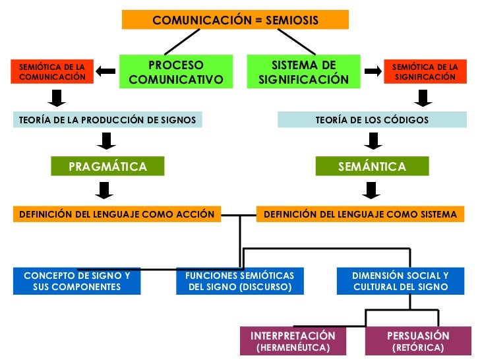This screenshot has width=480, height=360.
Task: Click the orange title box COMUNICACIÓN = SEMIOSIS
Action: [235, 20]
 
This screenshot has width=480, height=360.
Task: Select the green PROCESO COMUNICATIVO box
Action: [176, 73]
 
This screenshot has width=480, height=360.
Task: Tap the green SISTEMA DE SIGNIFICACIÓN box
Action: [303, 73]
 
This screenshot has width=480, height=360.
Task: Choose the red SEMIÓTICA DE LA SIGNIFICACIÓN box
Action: [425, 72]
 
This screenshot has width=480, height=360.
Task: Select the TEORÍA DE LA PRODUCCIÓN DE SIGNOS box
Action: [107, 120]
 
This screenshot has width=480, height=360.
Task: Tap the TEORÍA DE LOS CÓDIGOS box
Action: [372, 120]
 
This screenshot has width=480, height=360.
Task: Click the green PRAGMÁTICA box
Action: [107, 167]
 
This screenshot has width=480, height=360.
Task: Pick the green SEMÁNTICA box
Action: [372, 167]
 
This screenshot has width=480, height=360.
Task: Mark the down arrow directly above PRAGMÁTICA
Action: [105, 141]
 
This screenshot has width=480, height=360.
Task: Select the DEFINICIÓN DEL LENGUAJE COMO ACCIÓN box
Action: [117, 214]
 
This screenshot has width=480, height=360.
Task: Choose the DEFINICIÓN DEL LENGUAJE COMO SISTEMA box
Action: [360, 214]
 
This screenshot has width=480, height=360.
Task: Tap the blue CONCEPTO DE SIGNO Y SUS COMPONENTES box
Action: [77, 281]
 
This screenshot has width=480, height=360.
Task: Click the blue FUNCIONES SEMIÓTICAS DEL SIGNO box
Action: [239, 281]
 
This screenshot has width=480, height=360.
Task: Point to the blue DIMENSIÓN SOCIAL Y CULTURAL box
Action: [400, 281]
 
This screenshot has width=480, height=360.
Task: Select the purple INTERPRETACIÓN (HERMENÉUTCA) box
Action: [293, 342]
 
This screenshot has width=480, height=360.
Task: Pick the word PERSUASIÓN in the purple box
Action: [418, 336]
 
